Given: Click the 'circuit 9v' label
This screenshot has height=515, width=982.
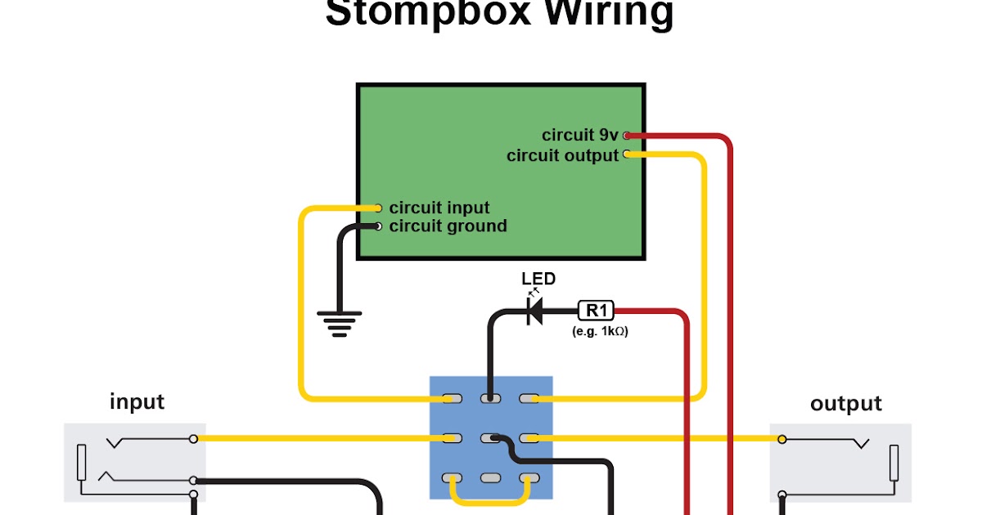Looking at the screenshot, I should (580, 135).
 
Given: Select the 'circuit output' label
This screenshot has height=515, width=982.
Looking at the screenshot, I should (562, 155).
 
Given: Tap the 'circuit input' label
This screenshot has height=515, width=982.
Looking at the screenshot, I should (439, 208).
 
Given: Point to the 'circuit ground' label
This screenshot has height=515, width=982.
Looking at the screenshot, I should (448, 226).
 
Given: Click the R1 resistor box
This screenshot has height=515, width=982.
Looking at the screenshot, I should (596, 311).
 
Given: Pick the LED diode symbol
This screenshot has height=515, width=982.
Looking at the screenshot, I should (535, 311).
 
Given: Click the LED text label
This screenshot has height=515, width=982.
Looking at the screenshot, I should (538, 279).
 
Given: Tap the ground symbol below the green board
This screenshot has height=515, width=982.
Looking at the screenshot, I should (340, 324).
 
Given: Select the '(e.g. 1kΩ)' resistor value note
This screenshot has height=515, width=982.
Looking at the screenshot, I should (600, 332).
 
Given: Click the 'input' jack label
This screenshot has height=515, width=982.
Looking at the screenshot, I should (137, 402).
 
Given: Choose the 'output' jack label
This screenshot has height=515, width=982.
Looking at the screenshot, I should (845, 404).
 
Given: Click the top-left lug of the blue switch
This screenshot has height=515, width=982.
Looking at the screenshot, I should (451, 399).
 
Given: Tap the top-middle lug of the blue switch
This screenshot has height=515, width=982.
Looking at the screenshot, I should (490, 399).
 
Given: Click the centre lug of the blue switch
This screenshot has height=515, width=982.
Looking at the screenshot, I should (490, 439).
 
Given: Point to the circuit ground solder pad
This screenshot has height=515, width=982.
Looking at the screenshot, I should (378, 226).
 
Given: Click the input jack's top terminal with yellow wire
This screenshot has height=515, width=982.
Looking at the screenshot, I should (193, 439).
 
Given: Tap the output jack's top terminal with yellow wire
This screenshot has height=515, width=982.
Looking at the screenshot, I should (782, 440).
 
